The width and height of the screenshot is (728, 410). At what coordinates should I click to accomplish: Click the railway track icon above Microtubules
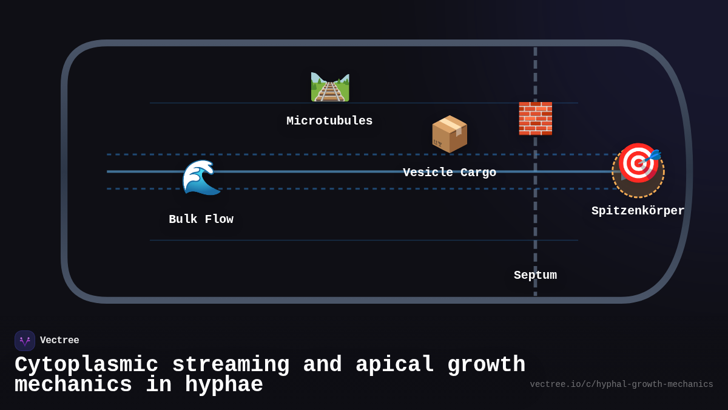(329, 87)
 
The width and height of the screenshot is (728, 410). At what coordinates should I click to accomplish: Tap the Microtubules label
(329, 121)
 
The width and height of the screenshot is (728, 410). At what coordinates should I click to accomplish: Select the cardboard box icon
(450, 134)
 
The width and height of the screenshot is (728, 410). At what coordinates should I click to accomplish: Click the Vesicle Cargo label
(450, 173)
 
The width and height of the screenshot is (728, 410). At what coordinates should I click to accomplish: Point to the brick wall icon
(535, 118)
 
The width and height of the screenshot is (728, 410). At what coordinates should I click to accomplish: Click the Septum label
(535, 275)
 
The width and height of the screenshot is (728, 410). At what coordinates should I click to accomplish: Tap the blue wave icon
(201, 177)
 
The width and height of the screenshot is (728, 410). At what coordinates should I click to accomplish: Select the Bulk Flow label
(201, 219)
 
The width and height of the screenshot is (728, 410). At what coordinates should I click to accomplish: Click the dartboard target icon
(638, 164)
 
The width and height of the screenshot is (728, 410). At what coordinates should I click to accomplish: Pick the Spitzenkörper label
(638, 211)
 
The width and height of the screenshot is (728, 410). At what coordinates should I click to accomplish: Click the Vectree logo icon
(25, 341)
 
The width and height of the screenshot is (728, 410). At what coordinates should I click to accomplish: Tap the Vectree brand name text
(59, 341)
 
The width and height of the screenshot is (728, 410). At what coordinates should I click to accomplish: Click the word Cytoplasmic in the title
(86, 365)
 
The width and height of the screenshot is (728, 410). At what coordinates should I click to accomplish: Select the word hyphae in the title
(224, 385)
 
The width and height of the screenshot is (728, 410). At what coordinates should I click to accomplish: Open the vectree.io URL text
(621, 384)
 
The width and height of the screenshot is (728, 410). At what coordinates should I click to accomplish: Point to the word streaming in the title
(231, 365)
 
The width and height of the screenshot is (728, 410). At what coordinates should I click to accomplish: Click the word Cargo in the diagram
(478, 173)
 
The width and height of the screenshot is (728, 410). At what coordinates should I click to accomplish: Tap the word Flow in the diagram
(219, 219)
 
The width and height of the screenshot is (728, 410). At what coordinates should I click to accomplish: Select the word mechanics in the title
(73, 385)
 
